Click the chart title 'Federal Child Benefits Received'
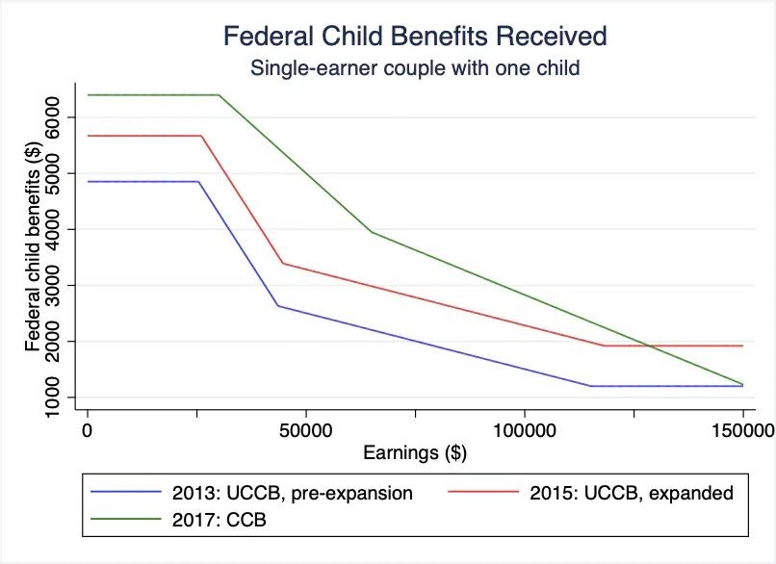[415, 37]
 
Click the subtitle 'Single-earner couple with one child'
[415, 68]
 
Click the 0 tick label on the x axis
[88, 429]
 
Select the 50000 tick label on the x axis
[305, 429]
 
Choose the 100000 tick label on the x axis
[524, 429]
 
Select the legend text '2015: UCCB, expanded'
[632, 494]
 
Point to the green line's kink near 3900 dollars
[372, 232]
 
